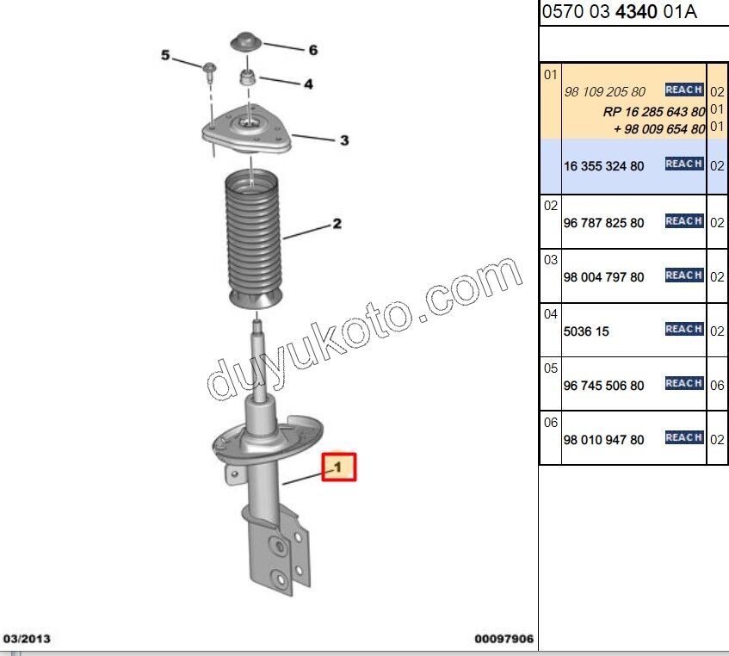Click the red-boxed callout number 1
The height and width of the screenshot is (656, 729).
click(x=338, y=467)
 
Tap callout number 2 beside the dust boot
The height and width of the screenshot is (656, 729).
click(x=337, y=224)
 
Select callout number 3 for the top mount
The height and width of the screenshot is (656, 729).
click(x=343, y=140)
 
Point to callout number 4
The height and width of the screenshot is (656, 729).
click(x=307, y=84)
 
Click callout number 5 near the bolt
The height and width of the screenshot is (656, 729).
click(x=166, y=56)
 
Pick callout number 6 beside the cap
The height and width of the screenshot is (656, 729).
click(x=312, y=50)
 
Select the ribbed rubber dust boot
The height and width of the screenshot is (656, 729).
click(x=253, y=237)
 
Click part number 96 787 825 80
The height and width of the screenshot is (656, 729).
click(x=603, y=223)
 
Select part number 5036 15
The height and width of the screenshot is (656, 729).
click(x=586, y=331)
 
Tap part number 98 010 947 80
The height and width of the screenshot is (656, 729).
click(x=603, y=440)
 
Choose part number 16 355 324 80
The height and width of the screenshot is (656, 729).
click(x=603, y=166)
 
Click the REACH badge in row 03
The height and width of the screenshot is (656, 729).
click(x=684, y=275)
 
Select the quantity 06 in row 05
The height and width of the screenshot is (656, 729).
click(x=717, y=386)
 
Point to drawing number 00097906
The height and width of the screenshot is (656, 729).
click(x=504, y=640)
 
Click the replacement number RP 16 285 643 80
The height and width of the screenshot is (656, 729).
click(x=654, y=112)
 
